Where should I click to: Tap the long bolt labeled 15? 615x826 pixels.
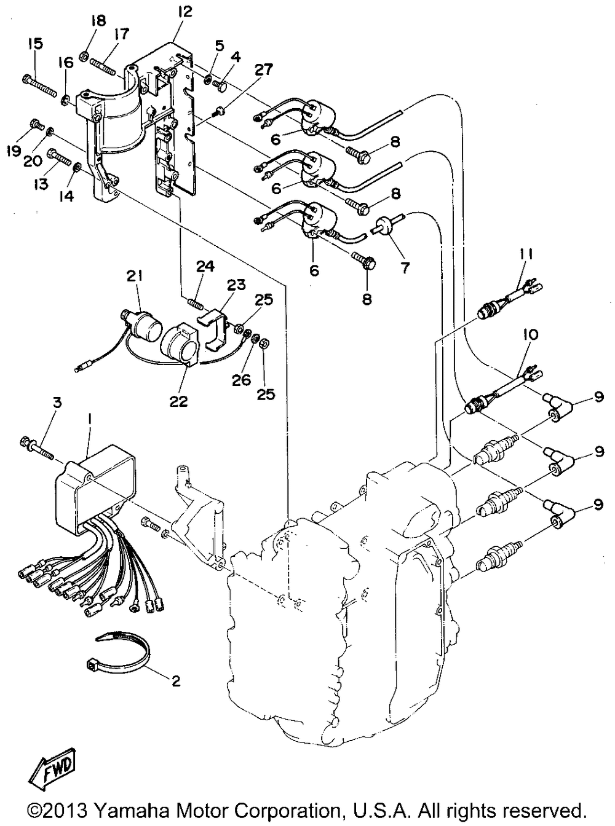[x=39, y=85]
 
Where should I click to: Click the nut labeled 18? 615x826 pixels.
[x=84, y=57]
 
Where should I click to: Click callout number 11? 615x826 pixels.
[x=526, y=255]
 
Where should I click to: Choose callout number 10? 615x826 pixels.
[x=531, y=334]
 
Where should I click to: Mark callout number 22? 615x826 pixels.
[x=178, y=401]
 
